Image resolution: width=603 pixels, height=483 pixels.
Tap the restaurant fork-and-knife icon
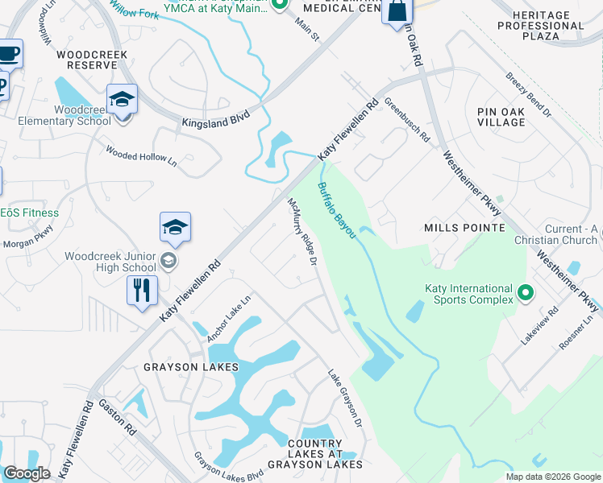coord(143,290)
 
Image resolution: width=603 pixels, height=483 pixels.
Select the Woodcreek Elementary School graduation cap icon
coord(123,100)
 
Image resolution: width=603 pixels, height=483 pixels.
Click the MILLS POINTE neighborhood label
coord(464,228)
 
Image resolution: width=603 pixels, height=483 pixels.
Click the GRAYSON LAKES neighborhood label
coord(191,367)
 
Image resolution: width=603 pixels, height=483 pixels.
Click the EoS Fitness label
coord(30,213)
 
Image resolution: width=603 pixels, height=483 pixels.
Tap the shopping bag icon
coord(397,12)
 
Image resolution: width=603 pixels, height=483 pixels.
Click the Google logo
coord(26,473)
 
